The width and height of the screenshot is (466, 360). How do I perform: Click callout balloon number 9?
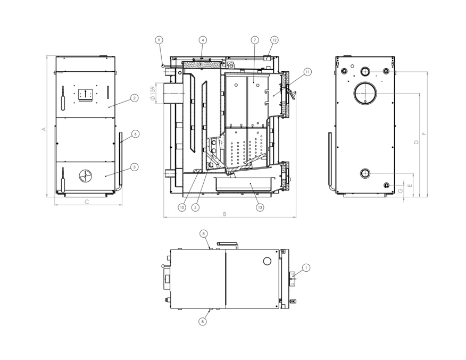click(159, 40)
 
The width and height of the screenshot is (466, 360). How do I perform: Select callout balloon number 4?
click(203, 40)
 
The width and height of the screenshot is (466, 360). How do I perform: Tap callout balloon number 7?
click(255, 40)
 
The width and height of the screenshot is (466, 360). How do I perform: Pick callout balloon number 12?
click(274, 40)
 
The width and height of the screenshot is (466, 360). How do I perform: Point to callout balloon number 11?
click(307, 72)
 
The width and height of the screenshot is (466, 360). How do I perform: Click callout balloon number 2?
click(135, 98)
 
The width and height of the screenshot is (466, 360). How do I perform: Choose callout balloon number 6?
click(135, 134)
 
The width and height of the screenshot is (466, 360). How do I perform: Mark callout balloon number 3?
click(135, 167)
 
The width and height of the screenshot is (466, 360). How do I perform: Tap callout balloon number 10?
click(182, 207)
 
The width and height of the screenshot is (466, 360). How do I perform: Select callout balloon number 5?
click(195, 207)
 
